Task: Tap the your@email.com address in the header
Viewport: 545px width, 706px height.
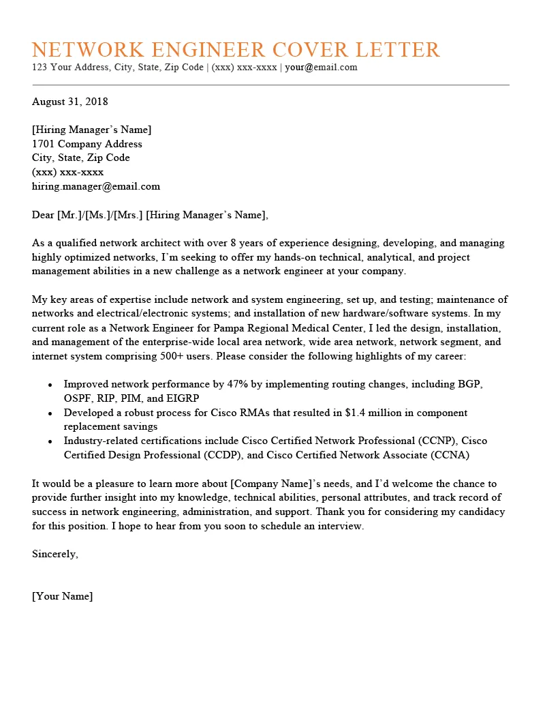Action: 321,68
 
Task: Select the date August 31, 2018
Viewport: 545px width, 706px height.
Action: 70,102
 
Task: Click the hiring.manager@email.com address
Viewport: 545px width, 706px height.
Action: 96,186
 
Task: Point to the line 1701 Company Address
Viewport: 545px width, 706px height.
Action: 87,144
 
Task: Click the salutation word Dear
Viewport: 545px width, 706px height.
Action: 44,215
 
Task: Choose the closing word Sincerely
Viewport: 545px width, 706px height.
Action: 55,554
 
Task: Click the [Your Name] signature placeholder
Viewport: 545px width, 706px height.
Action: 63,596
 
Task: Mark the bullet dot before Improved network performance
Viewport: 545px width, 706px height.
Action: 50,385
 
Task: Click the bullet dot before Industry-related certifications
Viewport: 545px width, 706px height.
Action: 50,441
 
